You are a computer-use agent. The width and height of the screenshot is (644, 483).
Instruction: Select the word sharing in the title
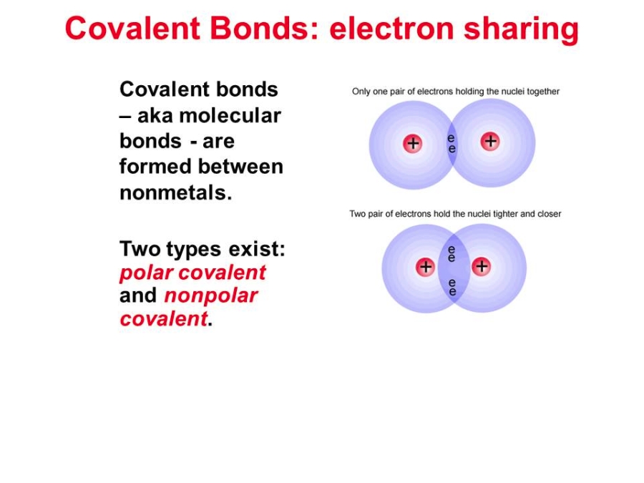[x=521, y=29]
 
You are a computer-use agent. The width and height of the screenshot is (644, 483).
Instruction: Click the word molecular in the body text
[x=230, y=115]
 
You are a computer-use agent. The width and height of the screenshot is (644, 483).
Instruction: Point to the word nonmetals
[x=176, y=192]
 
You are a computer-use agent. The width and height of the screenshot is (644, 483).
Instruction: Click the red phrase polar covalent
[x=192, y=273]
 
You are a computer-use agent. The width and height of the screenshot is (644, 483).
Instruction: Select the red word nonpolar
[x=211, y=296]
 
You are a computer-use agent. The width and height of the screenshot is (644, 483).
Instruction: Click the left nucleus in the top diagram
[x=412, y=144]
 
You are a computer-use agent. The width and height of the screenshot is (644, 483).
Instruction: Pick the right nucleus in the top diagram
[x=490, y=142]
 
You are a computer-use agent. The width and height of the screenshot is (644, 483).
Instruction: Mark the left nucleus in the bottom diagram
[x=426, y=267]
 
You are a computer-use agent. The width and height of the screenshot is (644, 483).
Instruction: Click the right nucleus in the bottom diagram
[x=482, y=267]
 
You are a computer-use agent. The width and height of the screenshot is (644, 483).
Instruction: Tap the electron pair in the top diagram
[x=452, y=143]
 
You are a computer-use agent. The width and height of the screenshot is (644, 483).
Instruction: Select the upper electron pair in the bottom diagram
[x=452, y=254]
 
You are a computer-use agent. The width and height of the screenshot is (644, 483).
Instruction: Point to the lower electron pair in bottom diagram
[x=452, y=287]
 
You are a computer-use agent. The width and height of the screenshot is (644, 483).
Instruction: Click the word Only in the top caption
[x=361, y=92]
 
